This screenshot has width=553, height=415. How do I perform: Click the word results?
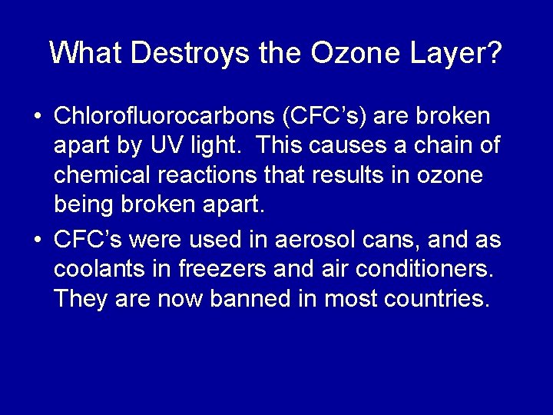[346, 174]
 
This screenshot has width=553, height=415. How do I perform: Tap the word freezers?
[228, 269]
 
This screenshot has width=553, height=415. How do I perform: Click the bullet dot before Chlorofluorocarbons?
[38, 118]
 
